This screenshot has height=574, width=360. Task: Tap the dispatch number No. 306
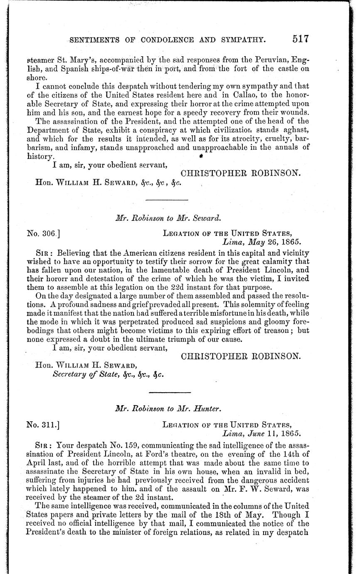(x=41, y=233)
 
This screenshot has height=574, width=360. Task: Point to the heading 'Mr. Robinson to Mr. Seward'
(x=168, y=217)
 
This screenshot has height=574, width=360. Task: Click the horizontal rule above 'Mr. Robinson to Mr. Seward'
(x=168, y=201)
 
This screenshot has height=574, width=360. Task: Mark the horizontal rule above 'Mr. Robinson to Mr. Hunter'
(x=170, y=392)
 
